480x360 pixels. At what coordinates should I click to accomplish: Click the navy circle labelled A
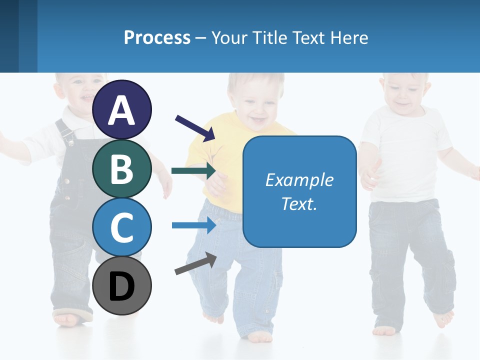tap(122, 109)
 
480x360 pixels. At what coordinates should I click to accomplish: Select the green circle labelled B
tap(122, 168)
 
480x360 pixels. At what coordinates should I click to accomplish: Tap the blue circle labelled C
tap(122, 227)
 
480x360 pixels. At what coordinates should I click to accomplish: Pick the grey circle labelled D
tap(122, 286)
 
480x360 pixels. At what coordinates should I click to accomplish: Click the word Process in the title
tap(157, 37)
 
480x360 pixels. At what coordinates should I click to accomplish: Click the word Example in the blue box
tap(299, 180)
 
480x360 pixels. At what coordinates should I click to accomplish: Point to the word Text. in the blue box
tap(299, 203)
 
